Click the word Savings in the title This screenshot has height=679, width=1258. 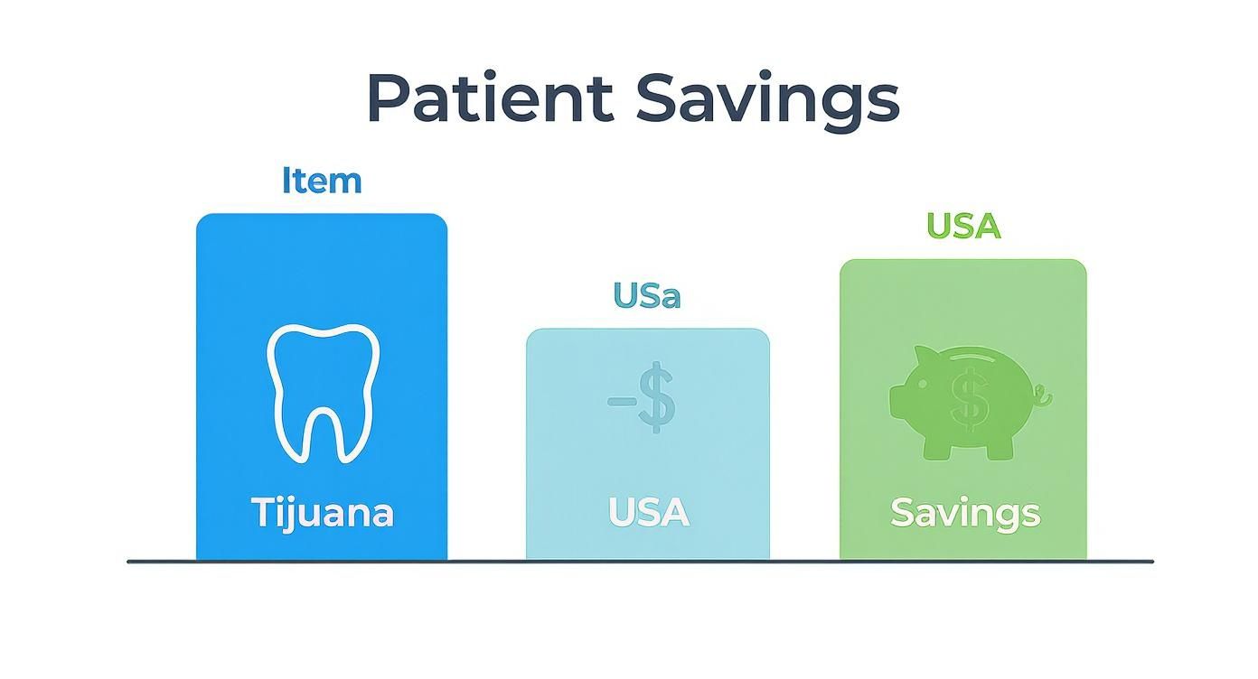767,99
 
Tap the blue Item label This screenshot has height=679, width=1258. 322,181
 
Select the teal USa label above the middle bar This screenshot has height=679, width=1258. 647,295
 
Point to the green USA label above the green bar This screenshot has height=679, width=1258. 963,226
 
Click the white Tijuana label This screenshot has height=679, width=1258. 322,513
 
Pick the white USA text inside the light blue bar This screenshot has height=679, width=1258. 648,513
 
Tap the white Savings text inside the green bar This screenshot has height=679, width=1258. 964,514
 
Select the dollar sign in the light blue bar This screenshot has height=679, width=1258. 656,396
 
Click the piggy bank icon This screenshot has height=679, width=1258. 967,402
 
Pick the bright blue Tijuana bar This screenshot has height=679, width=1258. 322,271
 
